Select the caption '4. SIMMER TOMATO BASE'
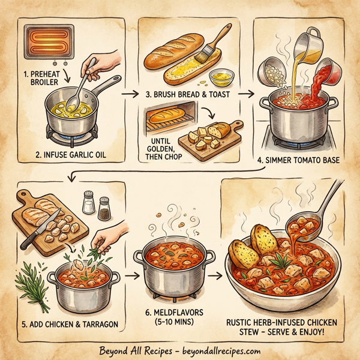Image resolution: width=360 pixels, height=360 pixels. pyautogui.click(x=298, y=160)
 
